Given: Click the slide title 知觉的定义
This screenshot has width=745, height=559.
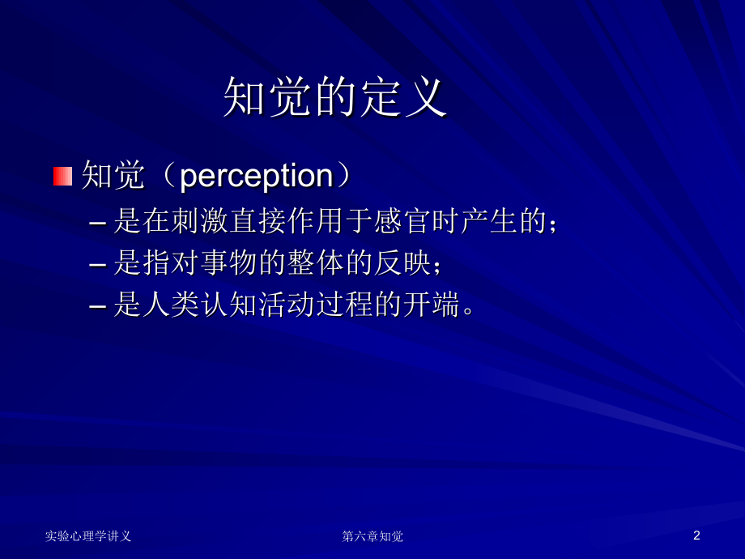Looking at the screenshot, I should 335,98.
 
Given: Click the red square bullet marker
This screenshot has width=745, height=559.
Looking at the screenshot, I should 62,176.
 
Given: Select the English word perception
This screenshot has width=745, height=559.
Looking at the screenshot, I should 256,176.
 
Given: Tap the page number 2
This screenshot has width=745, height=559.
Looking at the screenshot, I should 696,536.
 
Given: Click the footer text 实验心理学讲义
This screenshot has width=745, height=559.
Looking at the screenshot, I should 88,536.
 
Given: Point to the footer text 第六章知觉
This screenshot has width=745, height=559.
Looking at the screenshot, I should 372,536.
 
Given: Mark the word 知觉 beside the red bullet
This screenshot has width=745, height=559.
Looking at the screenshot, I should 113,176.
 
